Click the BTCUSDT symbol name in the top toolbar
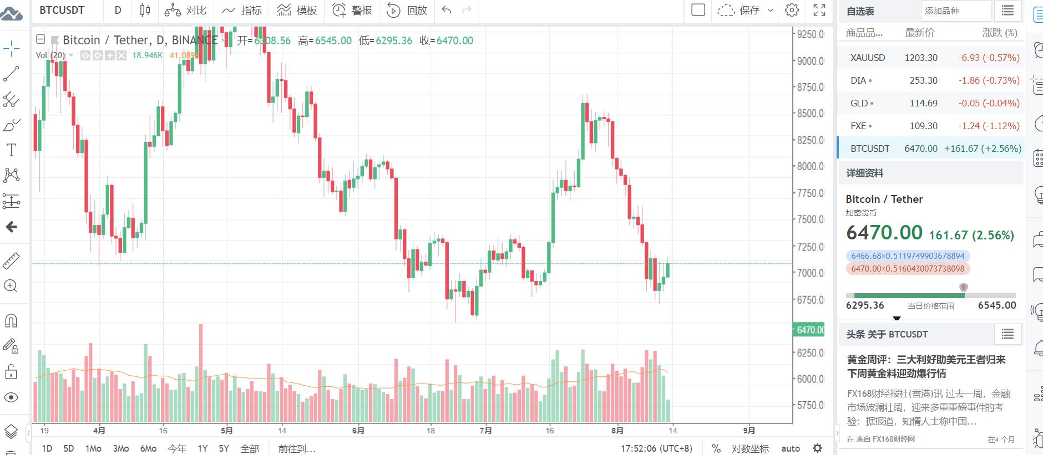(x=62, y=10)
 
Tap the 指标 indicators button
(x=242, y=10)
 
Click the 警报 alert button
(x=352, y=10)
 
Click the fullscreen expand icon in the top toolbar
(x=819, y=10)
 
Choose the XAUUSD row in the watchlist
(x=868, y=58)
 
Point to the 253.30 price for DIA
(x=923, y=80)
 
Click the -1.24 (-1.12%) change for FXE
(x=989, y=126)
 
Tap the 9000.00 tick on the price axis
(x=810, y=61)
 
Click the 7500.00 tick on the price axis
(x=810, y=219)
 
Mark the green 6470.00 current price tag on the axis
(x=810, y=330)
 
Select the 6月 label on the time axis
(x=358, y=430)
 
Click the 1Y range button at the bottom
(x=202, y=448)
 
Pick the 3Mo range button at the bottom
(x=120, y=448)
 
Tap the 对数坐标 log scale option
(x=750, y=448)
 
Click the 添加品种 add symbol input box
(x=955, y=11)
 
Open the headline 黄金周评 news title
(x=926, y=366)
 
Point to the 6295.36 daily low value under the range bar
(x=864, y=305)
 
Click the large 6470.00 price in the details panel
(x=884, y=233)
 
